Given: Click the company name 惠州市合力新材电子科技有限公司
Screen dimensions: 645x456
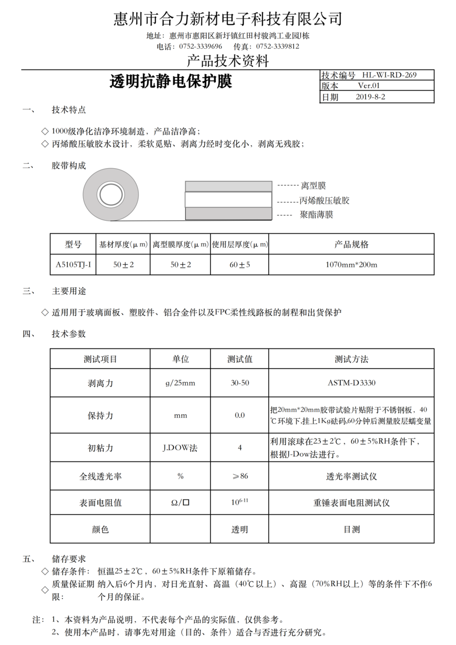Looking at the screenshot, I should click(227, 20).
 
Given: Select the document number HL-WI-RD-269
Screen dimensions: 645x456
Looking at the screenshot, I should click(389, 75).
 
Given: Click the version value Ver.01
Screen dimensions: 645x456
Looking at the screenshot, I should click(369, 86).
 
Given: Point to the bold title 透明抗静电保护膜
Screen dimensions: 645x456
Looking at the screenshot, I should click(171, 82).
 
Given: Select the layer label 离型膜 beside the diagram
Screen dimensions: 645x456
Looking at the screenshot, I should click(313, 186).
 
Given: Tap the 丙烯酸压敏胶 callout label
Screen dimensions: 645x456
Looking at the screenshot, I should click(324, 201).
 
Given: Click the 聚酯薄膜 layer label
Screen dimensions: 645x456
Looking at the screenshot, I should click(317, 215).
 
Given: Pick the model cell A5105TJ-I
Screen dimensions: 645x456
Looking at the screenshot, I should click(73, 264).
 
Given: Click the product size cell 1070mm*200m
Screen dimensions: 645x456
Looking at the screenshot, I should click(351, 264).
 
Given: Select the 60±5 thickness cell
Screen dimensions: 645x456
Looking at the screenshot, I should click(240, 264).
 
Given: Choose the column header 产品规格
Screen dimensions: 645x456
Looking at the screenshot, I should click(351, 245).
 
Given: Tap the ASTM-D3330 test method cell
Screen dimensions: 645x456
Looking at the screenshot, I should click(351, 382).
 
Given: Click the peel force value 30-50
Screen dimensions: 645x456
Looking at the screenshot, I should click(240, 382).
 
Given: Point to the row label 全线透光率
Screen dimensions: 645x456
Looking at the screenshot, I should click(100, 476).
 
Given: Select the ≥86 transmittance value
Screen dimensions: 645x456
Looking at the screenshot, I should click(240, 476).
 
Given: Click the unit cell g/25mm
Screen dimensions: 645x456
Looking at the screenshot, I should click(180, 382).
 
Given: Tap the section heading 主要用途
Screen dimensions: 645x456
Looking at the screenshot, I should click(68, 291).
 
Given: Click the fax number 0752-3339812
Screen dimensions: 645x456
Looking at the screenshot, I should click(277, 46).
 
